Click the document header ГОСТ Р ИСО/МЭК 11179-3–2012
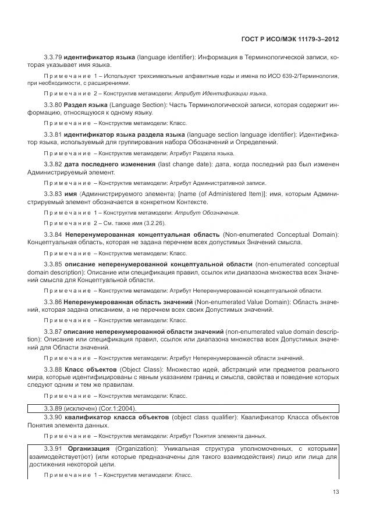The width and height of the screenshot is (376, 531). pyautogui.click(x=289, y=38)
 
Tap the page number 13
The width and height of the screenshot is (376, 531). pyautogui.click(x=335, y=491)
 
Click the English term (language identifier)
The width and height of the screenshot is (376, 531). pyautogui.click(x=166, y=58)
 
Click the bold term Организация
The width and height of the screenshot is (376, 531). pyautogui.click(x=89, y=448)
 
